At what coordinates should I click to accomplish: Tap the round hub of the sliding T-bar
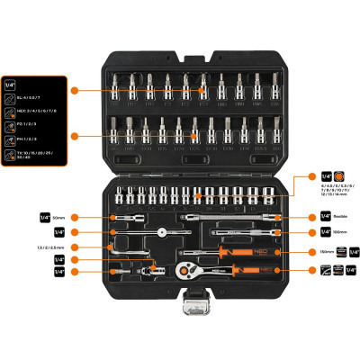point(161,232)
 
